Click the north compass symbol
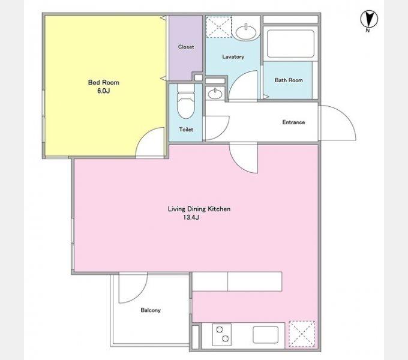369,19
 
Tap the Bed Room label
104,83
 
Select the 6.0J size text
104,91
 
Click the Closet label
186,47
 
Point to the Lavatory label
233,57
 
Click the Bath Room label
289,80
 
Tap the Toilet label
186,129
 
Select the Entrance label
293,122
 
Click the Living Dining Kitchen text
199,209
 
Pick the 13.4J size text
191,217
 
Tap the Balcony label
151,310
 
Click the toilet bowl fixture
186,101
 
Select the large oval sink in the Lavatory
246,32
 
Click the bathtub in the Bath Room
290,44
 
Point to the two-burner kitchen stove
221,335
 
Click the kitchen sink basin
265,335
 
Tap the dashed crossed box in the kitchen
302,334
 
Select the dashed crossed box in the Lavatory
219,27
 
